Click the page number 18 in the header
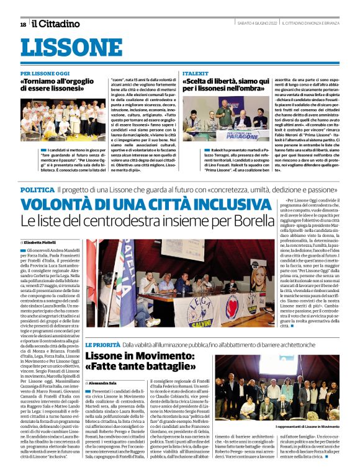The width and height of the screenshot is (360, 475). tap(23, 24)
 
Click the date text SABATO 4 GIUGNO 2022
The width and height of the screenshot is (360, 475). tap(255, 24)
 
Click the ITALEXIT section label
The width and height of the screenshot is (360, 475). tap(196, 73)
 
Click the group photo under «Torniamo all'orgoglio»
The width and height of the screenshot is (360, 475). tap(71, 120)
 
